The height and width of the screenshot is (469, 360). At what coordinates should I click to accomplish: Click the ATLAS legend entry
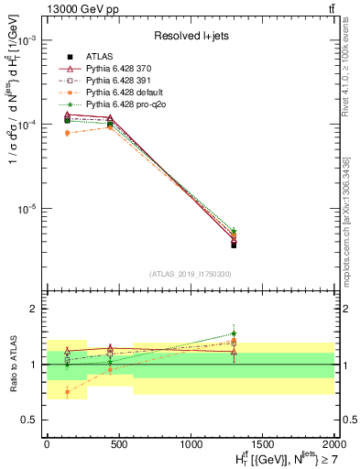coord(101,57)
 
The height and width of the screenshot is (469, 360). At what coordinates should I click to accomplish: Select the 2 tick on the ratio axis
coord(33,310)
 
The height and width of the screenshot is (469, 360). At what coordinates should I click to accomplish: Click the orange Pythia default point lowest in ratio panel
coord(68,391)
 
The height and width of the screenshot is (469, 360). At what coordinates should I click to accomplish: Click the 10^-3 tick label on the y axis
coord(27,41)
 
